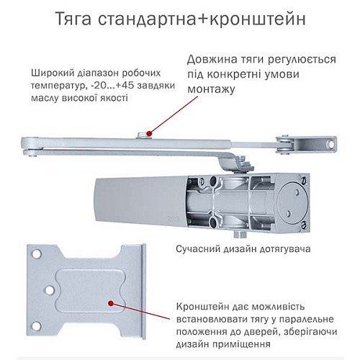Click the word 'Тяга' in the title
[78, 19]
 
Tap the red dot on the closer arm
[148, 132]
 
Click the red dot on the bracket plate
[112, 305]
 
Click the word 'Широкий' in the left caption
[51, 73]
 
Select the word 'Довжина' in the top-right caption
[213, 59]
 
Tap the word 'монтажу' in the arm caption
[212, 89]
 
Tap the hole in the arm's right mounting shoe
[332, 145]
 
